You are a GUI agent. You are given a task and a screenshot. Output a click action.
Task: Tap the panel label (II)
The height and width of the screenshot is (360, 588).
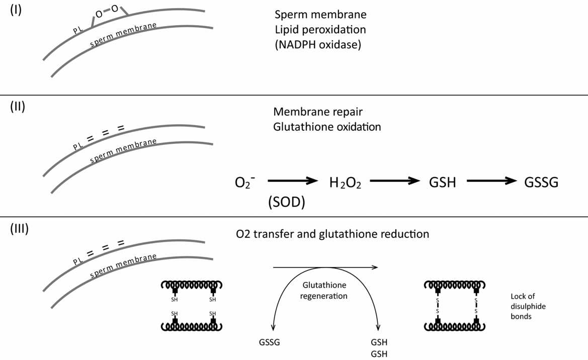(x=18, y=107)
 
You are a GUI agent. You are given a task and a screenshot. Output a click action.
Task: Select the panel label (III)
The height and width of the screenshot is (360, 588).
(x=20, y=228)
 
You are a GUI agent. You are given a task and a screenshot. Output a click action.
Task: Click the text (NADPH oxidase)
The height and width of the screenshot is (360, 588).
(x=317, y=44)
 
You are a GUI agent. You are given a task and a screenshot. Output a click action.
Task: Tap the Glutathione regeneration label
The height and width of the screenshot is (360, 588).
(x=323, y=291)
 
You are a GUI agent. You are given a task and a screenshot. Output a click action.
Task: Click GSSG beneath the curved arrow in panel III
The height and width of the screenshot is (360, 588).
(x=267, y=342)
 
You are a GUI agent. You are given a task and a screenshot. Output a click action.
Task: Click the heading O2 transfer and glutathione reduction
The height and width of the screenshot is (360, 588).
(x=332, y=234)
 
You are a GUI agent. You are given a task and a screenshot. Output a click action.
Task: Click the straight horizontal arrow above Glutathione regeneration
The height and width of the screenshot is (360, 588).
(x=325, y=267)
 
